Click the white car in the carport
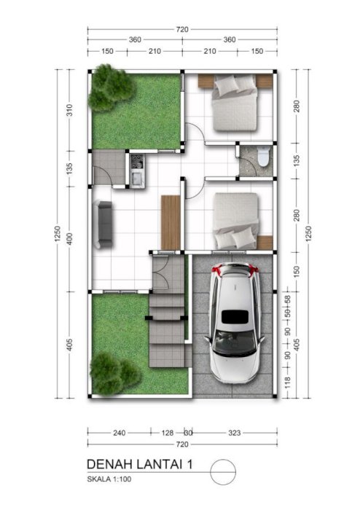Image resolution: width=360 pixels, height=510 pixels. pyautogui.click(x=234, y=323)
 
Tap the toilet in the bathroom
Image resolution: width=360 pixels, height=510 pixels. pyautogui.click(x=264, y=156)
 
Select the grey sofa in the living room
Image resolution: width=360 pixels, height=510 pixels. pyautogui.click(x=103, y=224)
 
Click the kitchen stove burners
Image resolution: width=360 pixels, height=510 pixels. pyautogui.click(x=137, y=162)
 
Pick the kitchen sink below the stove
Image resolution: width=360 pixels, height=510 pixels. pyautogui.click(x=137, y=178)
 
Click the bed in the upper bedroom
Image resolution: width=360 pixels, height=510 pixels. pyautogui.click(x=235, y=103)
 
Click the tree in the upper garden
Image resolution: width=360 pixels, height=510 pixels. pyautogui.click(x=111, y=87)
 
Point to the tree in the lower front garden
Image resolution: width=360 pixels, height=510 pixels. pyautogui.click(x=114, y=373)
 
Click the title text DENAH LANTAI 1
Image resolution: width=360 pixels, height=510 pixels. pyautogui.click(x=140, y=464)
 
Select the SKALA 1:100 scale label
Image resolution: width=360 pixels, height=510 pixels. pyautogui.click(x=109, y=479)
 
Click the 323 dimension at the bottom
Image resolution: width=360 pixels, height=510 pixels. pyautogui.click(x=234, y=433)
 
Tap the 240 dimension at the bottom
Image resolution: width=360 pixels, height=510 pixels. pyautogui.click(x=120, y=433)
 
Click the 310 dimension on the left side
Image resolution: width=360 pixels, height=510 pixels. pyautogui.click(x=69, y=110)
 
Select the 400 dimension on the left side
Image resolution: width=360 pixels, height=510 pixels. pyautogui.click(x=69, y=239)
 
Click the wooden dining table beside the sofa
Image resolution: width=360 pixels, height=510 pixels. pyautogui.click(x=171, y=222)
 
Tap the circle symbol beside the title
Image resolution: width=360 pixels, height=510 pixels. pyautogui.click(x=223, y=471)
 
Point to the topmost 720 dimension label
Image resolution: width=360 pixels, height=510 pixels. pyautogui.click(x=182, y=29)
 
